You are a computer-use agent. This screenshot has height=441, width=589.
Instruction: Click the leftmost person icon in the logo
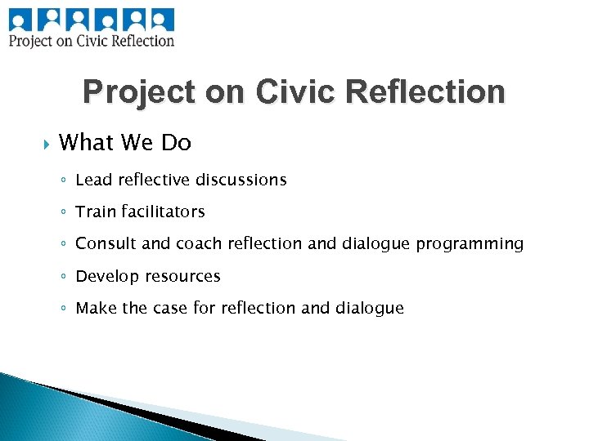[20, 18]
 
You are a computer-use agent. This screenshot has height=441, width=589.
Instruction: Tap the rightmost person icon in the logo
[162, 18]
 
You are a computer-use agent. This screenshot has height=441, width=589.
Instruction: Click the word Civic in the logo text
[98, 40]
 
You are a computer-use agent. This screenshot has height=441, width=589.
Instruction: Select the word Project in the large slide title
[139, 92]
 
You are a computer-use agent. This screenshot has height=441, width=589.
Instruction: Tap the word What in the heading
[86, 143]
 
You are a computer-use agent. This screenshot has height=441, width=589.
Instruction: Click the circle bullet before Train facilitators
[65, 212]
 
